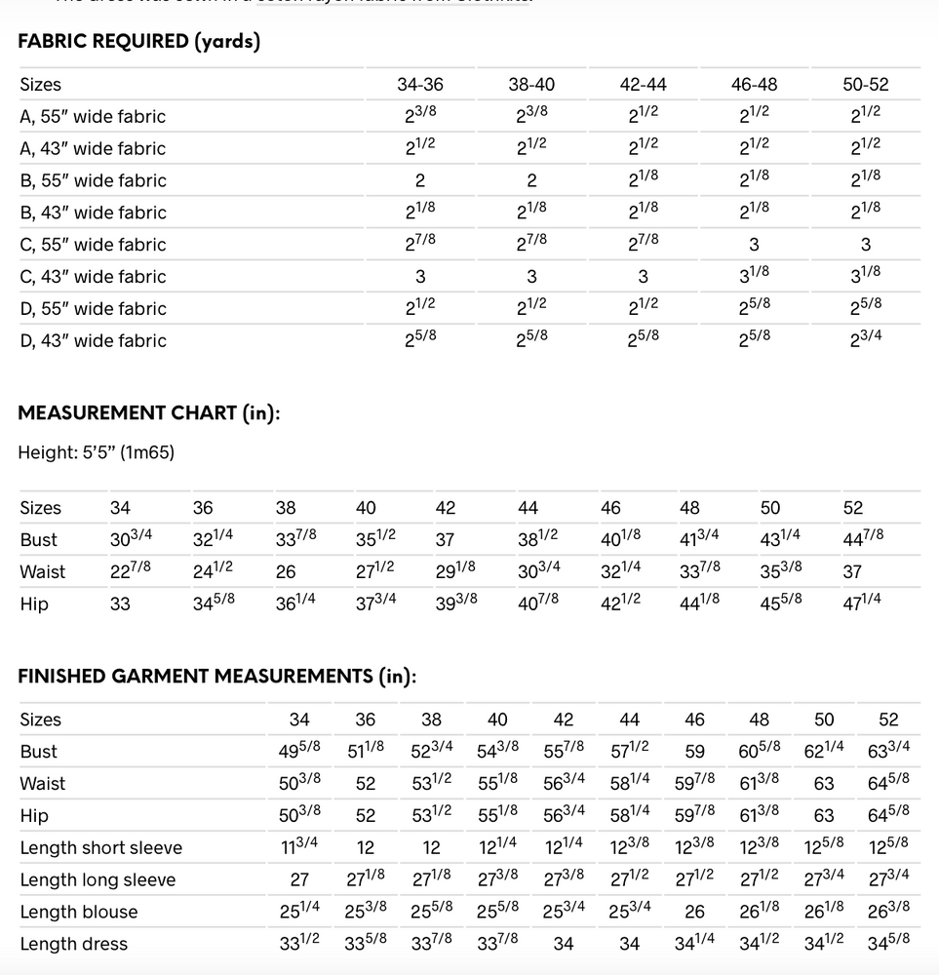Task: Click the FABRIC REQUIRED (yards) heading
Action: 138,42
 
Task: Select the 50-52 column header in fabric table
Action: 865,85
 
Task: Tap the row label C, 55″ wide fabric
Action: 93,245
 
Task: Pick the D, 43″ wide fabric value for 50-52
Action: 865,340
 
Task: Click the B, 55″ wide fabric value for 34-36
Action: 420,180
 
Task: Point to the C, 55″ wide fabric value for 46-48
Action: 754,245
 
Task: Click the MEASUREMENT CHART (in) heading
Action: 149,412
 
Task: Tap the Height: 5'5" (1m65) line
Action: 96,452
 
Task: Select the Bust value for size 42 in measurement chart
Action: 445,539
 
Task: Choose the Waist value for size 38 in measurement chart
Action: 286,571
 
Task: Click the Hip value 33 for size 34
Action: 120,604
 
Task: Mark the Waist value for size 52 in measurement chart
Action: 852,571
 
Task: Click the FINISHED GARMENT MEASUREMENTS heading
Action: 216,676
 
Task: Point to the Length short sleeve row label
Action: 100,848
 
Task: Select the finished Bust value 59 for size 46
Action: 694,752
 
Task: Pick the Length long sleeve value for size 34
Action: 299,879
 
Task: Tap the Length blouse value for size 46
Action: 694,912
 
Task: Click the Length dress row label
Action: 73,944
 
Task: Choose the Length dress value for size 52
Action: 888,943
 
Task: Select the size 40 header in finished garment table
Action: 497,720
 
